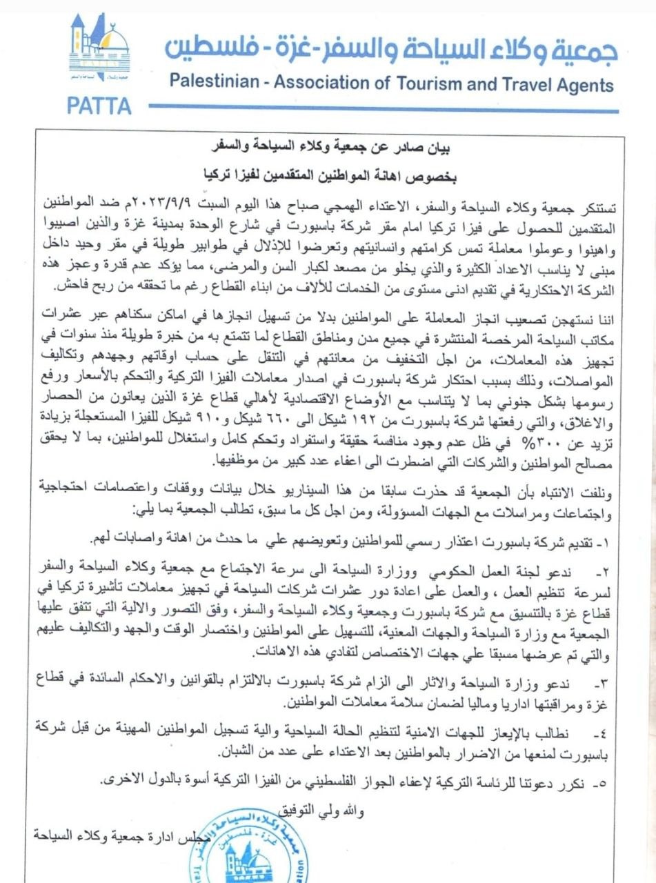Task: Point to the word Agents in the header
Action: tap(580, 85)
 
